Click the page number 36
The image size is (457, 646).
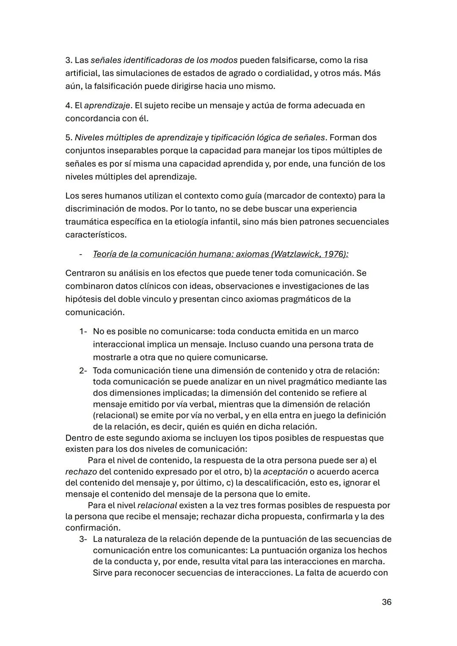click(386, 602)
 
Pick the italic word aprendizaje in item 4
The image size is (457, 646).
click(107, 105)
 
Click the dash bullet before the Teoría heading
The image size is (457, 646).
click(80, 254)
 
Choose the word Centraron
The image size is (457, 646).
click(86, 273)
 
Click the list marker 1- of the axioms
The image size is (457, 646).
click(83, 331)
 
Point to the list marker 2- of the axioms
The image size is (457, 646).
click(83, 371)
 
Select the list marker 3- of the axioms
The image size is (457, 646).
click(83, 539)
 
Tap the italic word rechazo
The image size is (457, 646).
click(81, 471)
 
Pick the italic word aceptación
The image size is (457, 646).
click(285, 471)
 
